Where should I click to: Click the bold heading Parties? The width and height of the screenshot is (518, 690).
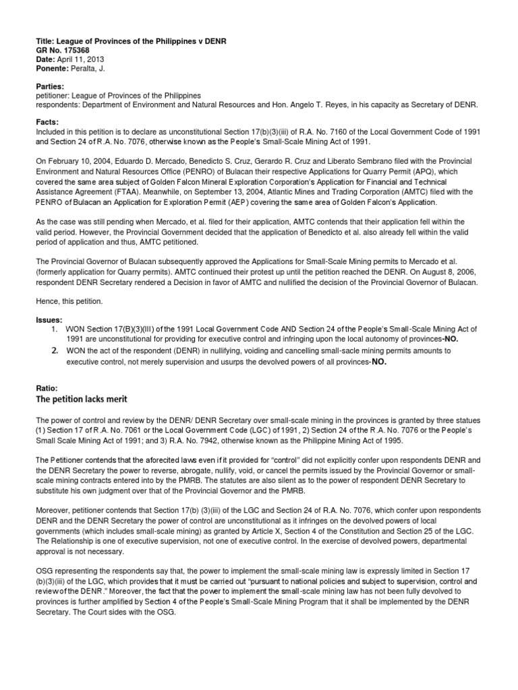click(x=52, y=86)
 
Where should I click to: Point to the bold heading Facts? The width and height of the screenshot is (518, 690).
click(x=48, y=122)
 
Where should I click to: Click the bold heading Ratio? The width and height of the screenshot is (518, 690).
click(x=47, y=388)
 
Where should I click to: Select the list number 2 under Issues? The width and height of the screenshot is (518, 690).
click(x=55, y=351)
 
